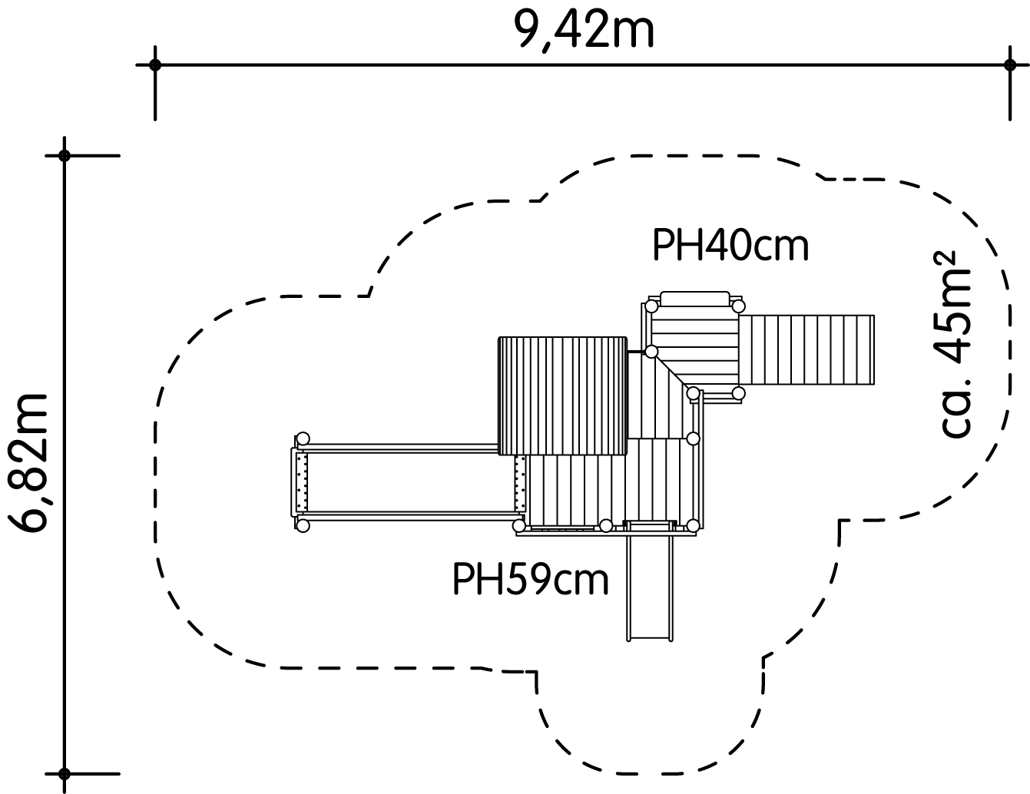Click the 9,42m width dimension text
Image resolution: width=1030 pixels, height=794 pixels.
point(584,29)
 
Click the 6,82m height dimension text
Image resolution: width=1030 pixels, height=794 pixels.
point(28,462)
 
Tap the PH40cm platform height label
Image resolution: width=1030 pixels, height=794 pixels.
point(730,245)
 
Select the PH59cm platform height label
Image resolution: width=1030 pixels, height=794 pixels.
point(531,578)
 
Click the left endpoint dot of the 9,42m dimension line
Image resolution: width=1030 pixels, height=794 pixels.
point(155,65)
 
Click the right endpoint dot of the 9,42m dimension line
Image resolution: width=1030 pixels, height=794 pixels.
point(1009,65)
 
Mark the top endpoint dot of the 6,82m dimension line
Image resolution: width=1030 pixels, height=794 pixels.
point(65,155)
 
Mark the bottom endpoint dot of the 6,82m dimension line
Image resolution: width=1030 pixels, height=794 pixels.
point(65,774)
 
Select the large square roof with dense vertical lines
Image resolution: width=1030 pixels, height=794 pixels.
point(563,395)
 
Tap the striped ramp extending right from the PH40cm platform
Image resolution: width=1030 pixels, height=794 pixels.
point(806,349)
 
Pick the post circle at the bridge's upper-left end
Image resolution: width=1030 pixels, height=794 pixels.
point(303,438)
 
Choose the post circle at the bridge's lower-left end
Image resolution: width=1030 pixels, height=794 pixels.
point(303,525)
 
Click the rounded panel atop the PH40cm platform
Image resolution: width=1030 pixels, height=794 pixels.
point(695,299)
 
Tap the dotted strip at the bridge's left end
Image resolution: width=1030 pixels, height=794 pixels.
point(302,483)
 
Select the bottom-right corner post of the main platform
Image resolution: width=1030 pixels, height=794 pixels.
point(693,525)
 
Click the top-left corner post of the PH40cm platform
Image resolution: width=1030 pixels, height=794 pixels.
point(652,307)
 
